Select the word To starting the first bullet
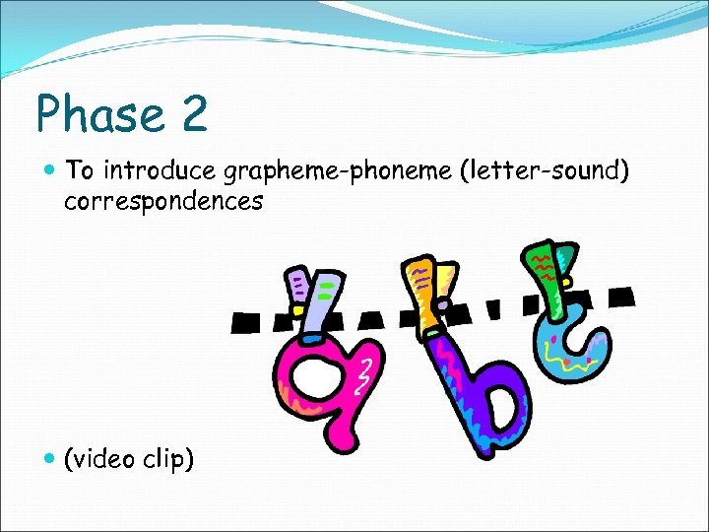[x=80, y=170]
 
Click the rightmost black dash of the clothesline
[x=619, y=295]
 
